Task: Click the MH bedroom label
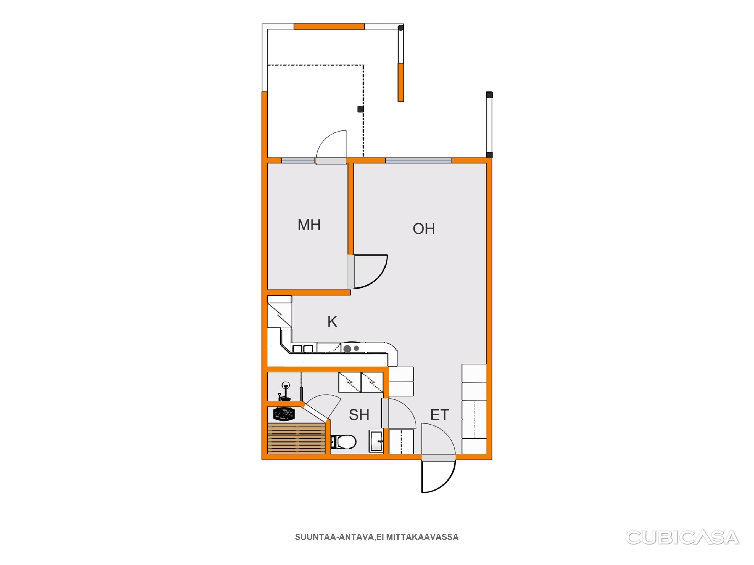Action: (x=309, y=225)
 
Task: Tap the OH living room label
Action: (x=424, y=229)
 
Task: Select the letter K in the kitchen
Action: (x=332, y=321)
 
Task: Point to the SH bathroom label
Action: (x=359, y=415)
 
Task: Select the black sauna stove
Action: (x=284, y=414)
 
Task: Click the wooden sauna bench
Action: (x=296, y=438)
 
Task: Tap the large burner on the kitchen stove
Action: (x=347, y=349)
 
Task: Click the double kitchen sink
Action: (x=303, y=348)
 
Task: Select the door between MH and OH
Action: (x=367, y=271)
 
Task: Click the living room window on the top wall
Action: (x=418, y=160)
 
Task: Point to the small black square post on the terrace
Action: (x=360, y=109)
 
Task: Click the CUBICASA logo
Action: (x=682, y=537)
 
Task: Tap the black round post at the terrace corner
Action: (x=401, y=28)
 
